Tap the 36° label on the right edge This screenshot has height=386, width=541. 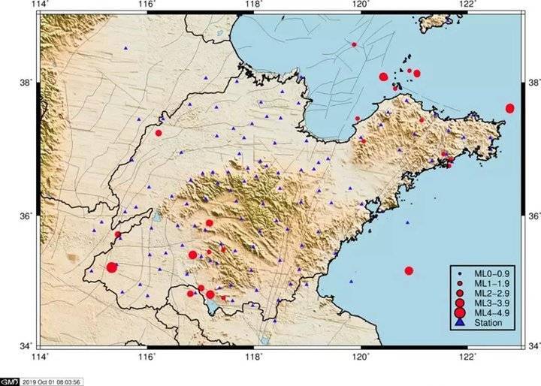(x=533, y=216)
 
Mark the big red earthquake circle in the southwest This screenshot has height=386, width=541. (x=112, y=267)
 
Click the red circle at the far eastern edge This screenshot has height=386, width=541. (x=510, y=108)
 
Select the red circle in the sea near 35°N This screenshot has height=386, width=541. (x=409, y=270)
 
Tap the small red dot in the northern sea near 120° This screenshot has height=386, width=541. (x=354, y=44)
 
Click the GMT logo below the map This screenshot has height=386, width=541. (x=10, y=381)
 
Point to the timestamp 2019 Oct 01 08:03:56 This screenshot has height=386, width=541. (x=52, y=381)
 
